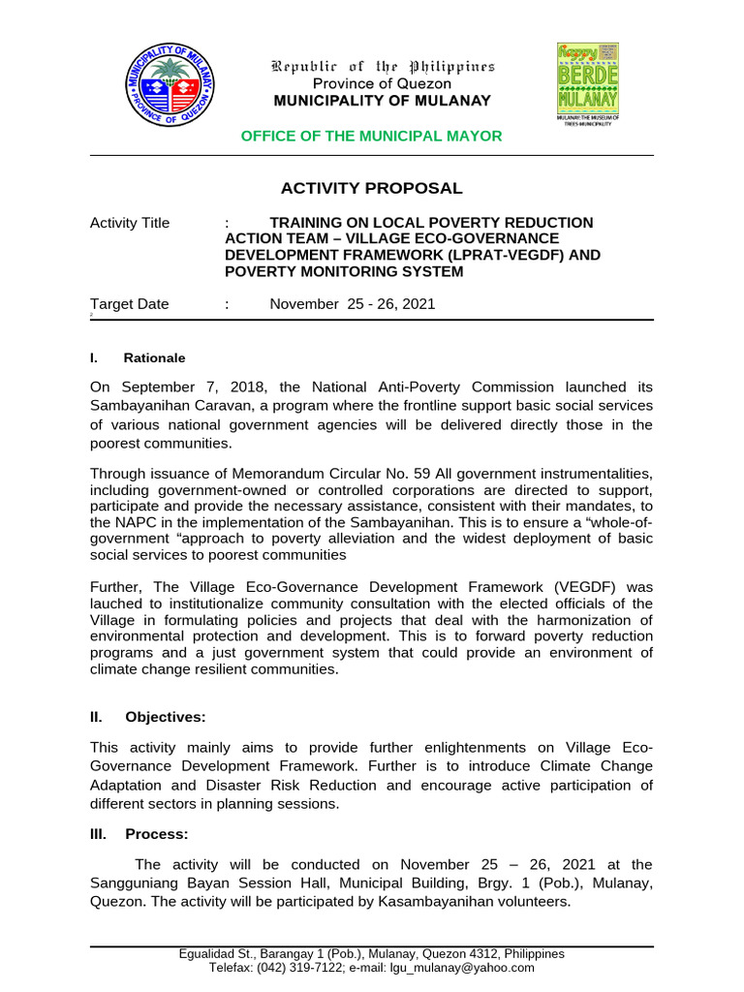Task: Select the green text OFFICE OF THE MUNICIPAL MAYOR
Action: pos(371,137)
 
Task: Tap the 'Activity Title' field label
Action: pos(129,223)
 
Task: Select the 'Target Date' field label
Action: pos(129,304)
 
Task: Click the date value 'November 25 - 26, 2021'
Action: pos(352,304)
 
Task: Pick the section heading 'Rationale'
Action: pos(154,358)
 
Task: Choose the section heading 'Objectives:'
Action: pos(165,718)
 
